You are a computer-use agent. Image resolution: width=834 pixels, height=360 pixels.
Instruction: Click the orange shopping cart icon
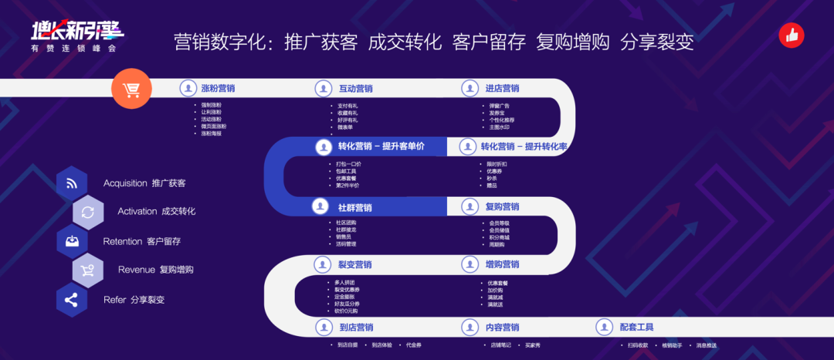[131, 91]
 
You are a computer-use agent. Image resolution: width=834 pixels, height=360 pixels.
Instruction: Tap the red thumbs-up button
[791, 35]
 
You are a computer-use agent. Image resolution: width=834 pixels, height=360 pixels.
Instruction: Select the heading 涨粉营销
[218, 89]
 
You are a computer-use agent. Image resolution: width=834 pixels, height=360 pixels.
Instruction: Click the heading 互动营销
[355, 89]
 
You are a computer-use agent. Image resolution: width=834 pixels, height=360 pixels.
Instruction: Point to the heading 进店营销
[502, 89]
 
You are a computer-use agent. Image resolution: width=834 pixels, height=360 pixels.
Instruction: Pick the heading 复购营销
[502, 207]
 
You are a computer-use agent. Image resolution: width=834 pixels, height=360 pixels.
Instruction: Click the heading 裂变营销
[354, 265]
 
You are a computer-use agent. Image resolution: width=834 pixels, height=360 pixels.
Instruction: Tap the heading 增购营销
[502, 265]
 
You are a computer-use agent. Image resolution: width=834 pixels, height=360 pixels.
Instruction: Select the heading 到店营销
[355, 328]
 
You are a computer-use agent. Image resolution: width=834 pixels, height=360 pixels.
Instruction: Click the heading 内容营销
[502, 328]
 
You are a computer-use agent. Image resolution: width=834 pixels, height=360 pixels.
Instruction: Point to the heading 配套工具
[636, 328]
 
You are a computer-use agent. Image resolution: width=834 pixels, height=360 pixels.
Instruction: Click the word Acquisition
[125, 183]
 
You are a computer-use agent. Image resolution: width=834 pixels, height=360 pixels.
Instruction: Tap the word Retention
[123, 241]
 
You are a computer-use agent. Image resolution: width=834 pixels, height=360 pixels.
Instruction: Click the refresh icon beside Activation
[88, 212]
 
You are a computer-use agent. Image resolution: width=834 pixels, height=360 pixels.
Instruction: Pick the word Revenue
[137, 270]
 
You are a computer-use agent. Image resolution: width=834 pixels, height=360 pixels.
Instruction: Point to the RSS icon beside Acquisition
[72, 183]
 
